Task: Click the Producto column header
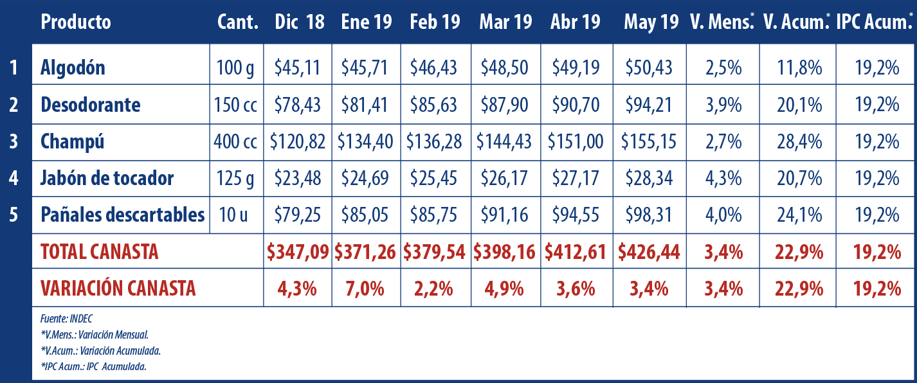tap(75, 22)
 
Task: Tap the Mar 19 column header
tap(505, 22)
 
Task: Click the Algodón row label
tap(73, 67)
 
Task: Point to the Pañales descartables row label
tap(123, 215)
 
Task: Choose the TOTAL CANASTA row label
tap(100, 252)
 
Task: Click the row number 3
tap(14, 141)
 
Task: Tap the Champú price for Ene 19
tap(365, 141)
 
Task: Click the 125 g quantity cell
tap(236, 178)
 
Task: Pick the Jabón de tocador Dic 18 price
tap(297, 178)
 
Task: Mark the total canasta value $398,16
tap(505, 252)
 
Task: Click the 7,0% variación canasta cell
tap(365, 289)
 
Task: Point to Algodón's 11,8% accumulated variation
tap(798, 67)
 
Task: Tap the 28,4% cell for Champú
tap(798, 141)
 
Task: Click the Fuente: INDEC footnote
tap(67, 319)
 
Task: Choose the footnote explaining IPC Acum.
tap(93, 367)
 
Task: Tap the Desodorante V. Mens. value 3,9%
tap(723, 105)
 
